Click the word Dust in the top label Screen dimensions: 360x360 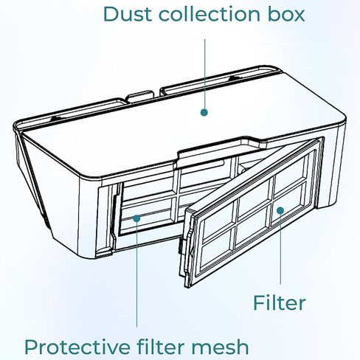[128, 14]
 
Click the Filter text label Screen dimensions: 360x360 [279, 302]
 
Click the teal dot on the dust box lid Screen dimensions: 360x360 [204, 112]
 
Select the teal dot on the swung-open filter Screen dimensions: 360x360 [280, 210]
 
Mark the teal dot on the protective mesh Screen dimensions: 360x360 [136, 218]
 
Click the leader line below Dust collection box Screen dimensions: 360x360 [204, 74]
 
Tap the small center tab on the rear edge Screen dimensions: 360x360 [139, 97]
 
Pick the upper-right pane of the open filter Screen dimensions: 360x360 [290, 172]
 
